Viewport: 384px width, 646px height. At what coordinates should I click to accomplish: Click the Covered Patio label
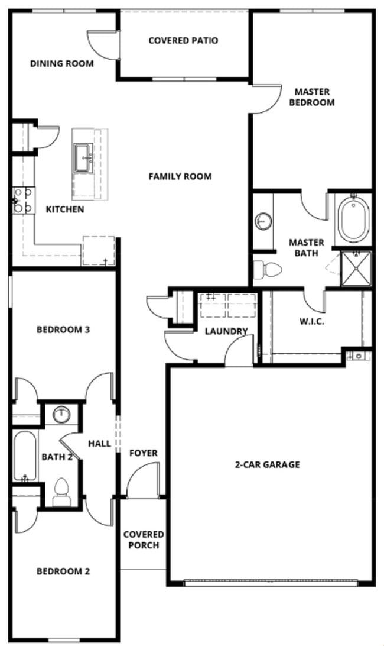pyautogui.click(x=183, y=41)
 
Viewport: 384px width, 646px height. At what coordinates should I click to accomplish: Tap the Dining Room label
pyautogui.click(x=61, y=63)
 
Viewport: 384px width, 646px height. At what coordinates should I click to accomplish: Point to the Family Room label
pyautogui.click(x=180, y=176)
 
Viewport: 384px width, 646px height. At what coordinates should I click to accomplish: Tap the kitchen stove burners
pyautogui.click(x=23, y=200)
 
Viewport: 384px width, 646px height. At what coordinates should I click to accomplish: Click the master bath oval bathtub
pyautogui.click(x=353, y=218)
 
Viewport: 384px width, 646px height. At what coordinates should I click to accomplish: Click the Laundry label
pyautogui.click(x=226, y=331)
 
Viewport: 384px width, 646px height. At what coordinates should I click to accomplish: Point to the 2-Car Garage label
pyautogui.click(x=267, y=464)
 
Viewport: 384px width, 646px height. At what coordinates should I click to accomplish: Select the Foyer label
pyautogui.click(x=144, y=453)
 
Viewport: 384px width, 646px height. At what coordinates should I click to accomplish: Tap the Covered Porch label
pyautogui.click(x=143, y=540)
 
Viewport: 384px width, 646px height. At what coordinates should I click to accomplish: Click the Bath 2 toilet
pyautogui.click(x=61, y=492)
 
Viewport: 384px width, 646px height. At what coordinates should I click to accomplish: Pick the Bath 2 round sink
pyautogui.click(x=61, y=415)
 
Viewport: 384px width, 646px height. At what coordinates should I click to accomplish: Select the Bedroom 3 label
pyautogui.click(x=63, y=330)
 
